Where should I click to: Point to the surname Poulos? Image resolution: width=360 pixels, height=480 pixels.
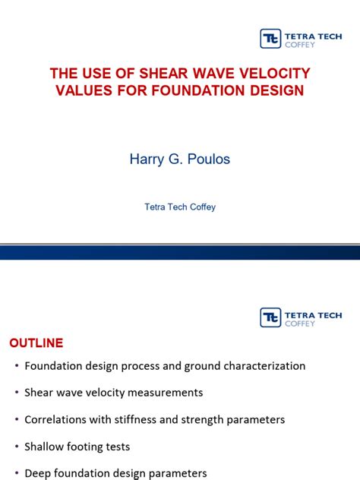(206, 159)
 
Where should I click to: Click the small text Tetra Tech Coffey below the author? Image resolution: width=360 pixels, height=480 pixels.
(180, 207)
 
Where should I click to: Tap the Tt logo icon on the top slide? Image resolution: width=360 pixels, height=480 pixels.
(270, 39)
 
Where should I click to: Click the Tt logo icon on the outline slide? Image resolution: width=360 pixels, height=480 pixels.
(270, 317)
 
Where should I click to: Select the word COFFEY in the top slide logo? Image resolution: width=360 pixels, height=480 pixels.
(301, 45)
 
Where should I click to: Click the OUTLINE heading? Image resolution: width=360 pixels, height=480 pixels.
(36, 343)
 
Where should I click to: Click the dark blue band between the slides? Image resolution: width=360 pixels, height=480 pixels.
(180, 251)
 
